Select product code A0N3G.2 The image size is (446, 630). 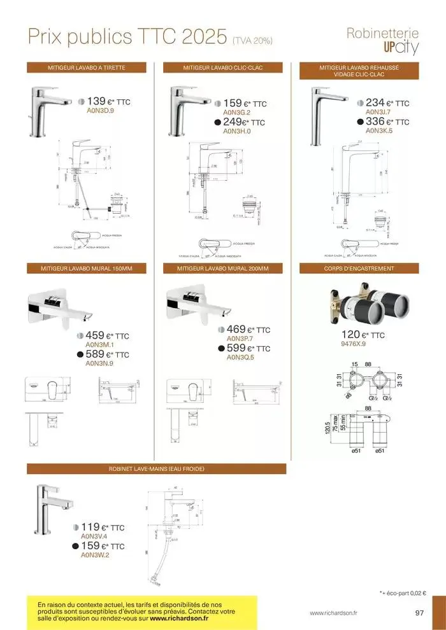237,113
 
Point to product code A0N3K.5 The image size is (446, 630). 379,130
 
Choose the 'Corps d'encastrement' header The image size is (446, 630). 359,269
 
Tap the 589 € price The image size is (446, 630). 96,354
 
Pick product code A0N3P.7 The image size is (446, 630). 240,339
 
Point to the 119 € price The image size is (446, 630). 91,527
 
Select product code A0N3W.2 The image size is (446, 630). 95,556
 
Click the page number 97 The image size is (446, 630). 419,613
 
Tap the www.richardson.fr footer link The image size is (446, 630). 333,613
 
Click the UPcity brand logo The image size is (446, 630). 401,48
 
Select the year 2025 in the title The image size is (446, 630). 192,36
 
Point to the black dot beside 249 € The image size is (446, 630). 217,123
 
